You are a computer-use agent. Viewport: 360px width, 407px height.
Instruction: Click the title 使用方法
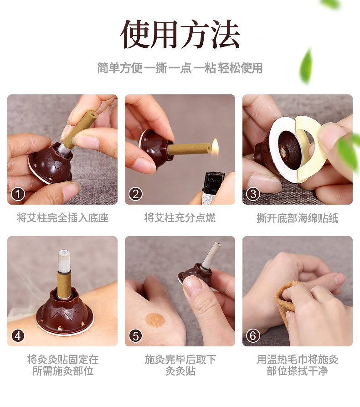click(x=180, y=34)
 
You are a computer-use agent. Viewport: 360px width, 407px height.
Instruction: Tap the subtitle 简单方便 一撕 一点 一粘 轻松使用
click(x=180, y=68)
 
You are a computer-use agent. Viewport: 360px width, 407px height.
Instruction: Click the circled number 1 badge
click(x=18, y=194)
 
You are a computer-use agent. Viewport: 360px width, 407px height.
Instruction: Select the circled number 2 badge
click(x=135, y=194)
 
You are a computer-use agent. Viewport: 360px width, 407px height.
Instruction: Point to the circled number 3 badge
click(x=253, y=194)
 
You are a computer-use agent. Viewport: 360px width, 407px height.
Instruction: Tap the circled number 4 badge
click(x=18, y=336)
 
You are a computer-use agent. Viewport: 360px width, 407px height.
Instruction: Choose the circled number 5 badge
click(x=135, y=336)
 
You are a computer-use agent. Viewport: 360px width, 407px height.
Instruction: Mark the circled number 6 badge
click(x=253, y=336)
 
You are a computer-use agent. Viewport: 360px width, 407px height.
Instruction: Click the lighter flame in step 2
click(x=215, y=147)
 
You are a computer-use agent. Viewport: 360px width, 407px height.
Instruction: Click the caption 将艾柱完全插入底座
click(x=62, y=218)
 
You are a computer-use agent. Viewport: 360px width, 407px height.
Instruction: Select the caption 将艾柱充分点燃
click(x=180, y=218)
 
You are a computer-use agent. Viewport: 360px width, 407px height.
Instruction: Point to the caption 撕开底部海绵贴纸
click(x=298, y=218)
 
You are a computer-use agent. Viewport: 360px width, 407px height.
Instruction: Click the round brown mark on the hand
click(x=155, y=319)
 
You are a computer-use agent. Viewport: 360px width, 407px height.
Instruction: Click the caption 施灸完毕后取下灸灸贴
click(x=180, y=365)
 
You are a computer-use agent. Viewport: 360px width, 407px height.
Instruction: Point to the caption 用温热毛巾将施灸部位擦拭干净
click(x=298, y=365)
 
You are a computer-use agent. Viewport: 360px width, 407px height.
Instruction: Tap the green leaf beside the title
click(x=306, y=66)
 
